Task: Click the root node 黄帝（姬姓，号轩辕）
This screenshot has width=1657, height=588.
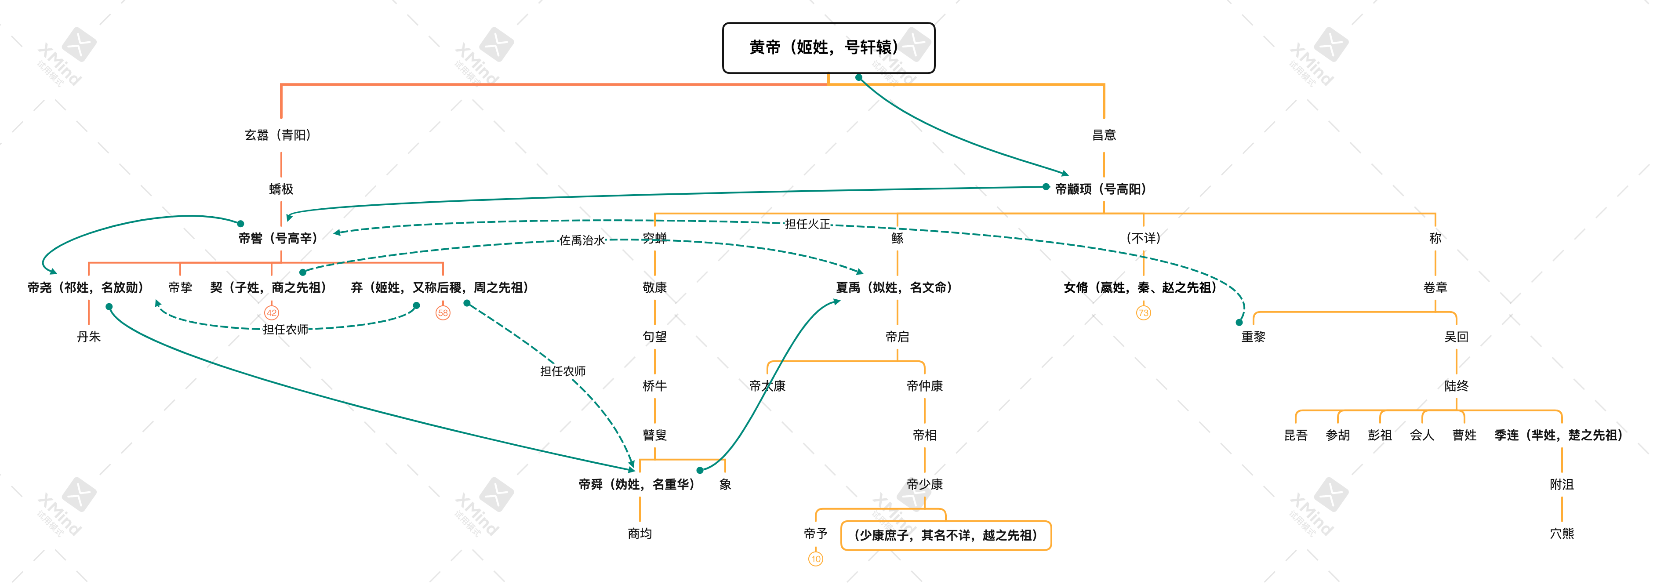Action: click(x=828, y=47)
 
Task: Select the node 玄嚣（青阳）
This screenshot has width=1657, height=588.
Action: click(x=277, y=135)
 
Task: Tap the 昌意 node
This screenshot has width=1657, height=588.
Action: click(x=1103, y=135)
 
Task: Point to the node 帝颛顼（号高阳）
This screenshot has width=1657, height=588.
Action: click(x=1101, y=189)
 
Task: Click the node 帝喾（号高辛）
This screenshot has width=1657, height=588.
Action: click(x=278, y=239)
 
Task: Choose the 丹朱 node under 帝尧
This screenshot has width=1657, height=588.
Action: click(x=89, y=337)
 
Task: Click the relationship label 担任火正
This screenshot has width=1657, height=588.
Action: click(x=807, y=224)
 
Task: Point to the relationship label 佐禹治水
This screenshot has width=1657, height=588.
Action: click(x=581, y=240)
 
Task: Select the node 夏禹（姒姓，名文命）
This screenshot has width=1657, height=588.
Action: click(x=894, y=287)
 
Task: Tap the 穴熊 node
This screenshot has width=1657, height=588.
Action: click(x=1561, y=534)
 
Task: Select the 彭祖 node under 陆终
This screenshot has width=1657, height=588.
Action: click(x=1379, y=436)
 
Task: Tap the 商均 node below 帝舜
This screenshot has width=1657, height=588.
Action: click(x=640, y=534)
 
